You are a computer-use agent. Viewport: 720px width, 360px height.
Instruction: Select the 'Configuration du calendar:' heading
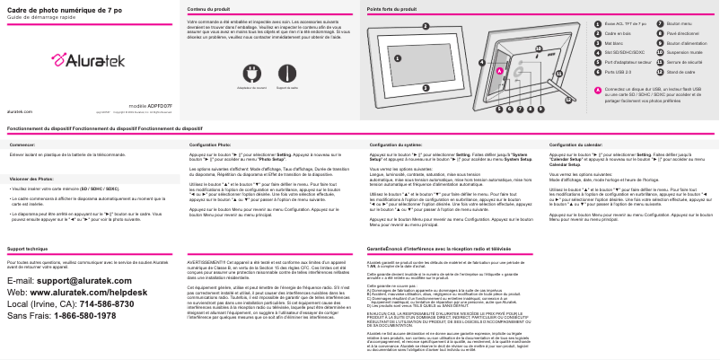click(x=575, y=144)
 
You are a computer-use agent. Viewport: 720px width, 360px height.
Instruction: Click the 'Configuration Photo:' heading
click(x=210, y=144)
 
